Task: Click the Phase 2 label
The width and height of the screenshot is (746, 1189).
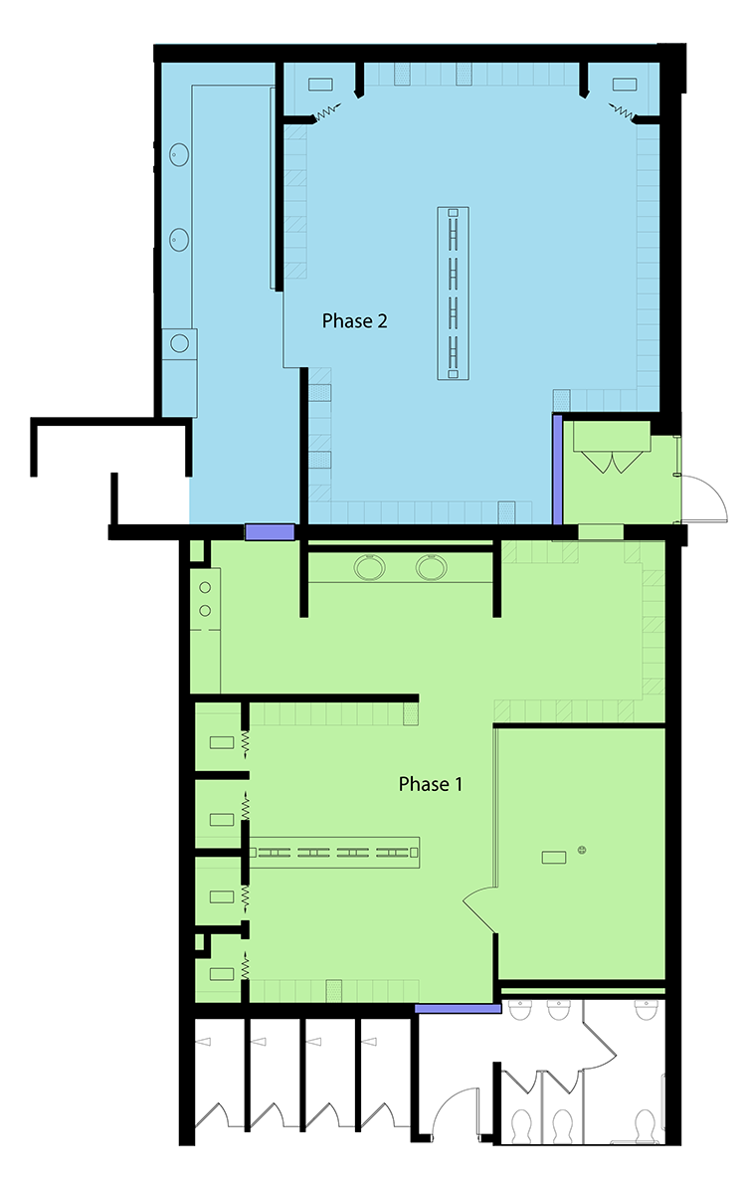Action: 354,320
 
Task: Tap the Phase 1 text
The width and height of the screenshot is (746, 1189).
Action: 430,783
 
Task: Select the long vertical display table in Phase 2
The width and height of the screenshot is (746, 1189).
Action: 453,293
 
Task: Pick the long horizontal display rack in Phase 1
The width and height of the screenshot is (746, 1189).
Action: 334,853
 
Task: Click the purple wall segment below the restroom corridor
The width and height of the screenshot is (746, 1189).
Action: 458,1009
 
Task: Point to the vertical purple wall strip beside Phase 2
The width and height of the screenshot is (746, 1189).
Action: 557,470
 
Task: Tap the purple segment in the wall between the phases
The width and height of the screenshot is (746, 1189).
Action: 270,531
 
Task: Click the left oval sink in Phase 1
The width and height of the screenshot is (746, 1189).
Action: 369,567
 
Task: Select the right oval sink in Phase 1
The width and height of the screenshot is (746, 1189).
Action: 431,567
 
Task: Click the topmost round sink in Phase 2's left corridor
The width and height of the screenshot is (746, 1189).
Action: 179,154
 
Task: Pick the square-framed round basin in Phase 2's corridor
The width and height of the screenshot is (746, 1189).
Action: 179,343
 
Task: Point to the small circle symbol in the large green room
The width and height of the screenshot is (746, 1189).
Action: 582,850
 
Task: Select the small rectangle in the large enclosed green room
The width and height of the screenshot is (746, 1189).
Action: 553,858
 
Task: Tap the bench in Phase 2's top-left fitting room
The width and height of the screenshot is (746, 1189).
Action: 321,85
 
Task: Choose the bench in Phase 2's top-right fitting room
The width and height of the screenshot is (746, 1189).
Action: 624,85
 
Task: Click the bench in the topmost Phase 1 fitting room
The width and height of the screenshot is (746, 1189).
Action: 222,742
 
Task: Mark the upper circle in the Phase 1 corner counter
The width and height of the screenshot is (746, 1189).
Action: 205,588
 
